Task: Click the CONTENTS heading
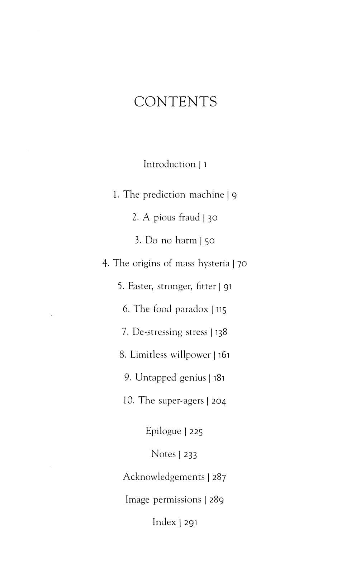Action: (x=175, y=102)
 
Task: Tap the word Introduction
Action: (x=169, y=164)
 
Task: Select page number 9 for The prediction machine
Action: (x=234, y=195)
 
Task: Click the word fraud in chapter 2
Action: (x=189, y=217)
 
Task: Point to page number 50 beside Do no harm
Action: (x=209, y=241)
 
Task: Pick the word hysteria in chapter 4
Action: (x=214, y=264)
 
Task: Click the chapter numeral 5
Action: (x=120, y=286)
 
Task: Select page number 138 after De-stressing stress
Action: (x=221, y=332)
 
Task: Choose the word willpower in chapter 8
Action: (x=190, y=355)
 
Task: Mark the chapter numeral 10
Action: (x=128, y=401)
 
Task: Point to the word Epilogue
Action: (x=163, y=431)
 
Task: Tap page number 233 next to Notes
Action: (x=190, y=455)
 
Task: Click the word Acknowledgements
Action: (x=164, y=477)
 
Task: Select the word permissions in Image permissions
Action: (x=177, y=500)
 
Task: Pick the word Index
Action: (x=164, y=522)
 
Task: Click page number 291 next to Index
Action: (x=191, y=523)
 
